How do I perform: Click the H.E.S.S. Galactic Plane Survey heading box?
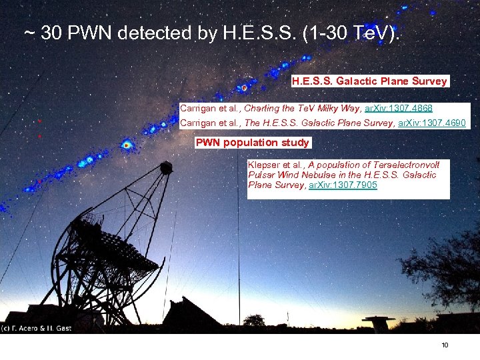pyautogui.click(x=369, y=81)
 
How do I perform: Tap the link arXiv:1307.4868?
pyautogui.click(x=399, y=108)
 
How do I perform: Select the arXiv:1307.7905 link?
pyautogui.click(x=343, y=185)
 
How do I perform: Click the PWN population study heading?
pyautogui.click(x=252, y=143)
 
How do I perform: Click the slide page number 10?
pyautogui.click(x=445, y=345)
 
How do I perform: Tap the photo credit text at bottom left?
pyautogui.click(x=37, y=328)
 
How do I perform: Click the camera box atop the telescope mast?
pyautogui.click(x=166, y=167)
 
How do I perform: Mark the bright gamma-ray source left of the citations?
pyautogui.click(x=127, y=144)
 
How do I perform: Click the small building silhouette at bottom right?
pyautogui.click(x=379, y=323)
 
